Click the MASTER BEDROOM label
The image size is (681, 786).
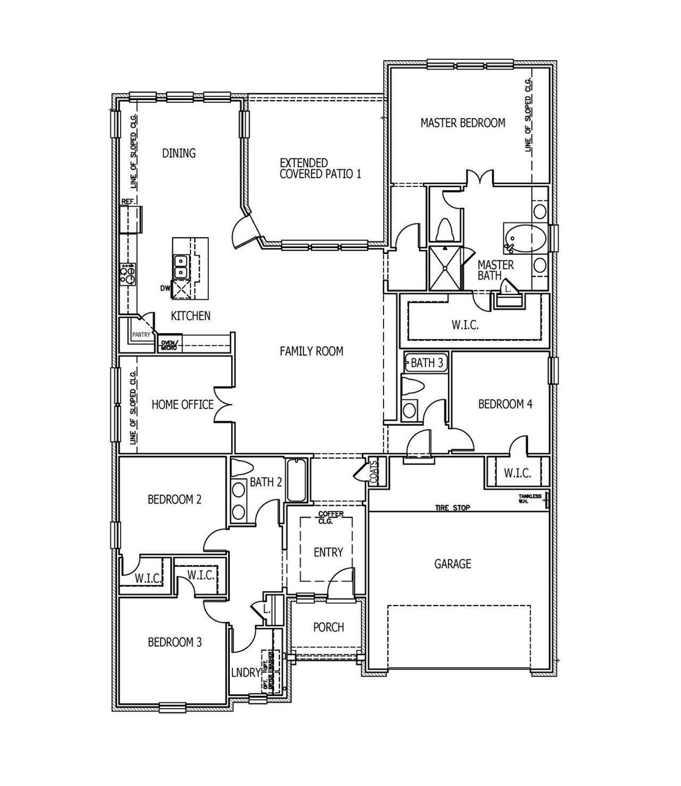[x=462, y=123]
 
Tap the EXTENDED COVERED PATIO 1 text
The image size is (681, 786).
[x=320, y=168]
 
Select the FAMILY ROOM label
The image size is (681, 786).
[x=311, y=351]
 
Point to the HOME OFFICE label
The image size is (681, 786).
[x=182, y=405]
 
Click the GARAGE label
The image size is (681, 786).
[x=453, y=563]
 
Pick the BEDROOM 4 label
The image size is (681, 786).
[x=505, y=404]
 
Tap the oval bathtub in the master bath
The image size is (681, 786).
[x=524, y=238]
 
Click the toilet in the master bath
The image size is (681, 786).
[x=444, y=231]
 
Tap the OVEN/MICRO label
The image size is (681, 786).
[x=169, y=344]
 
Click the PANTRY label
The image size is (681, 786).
[x=141, y=335]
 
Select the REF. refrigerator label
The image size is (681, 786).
[x=128, y=202]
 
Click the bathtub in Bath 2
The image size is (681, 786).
[x=296, y=480]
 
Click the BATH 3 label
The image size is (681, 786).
[x=426, y=363]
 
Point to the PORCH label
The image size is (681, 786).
[x=328, y=627]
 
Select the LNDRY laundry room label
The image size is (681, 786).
[x=245, y=673]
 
